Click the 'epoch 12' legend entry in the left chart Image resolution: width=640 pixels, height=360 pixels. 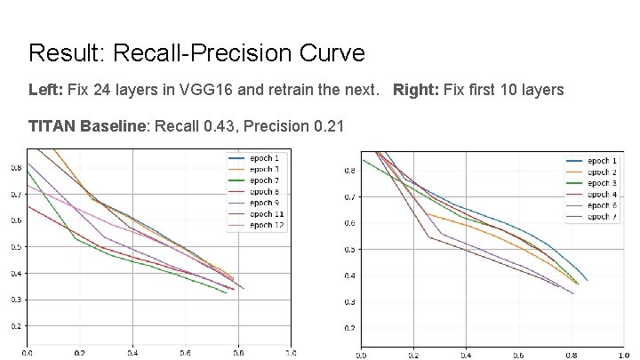pyautogui.click(x=268, y=226)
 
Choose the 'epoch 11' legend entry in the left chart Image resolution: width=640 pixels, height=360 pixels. pyautogui.click(x=268, y=214)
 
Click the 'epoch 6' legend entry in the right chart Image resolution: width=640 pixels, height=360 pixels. pyautogui.click(x=604, y=205)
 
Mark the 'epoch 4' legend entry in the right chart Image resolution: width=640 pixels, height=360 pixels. pyautogui.click(x=604, y=194)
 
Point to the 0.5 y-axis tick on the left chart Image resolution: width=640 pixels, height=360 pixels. pyautogui.click(x=17, y=247)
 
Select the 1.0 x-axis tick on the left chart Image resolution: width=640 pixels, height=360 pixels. pyautogui.click(x=291, y=353)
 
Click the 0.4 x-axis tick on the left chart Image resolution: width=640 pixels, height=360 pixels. pyautogui.click(x=132, y=353)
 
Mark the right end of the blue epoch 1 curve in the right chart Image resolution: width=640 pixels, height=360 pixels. pyautogui.click(x=588, y=280)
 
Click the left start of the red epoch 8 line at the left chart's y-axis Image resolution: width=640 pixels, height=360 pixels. pyautogui.click(x=28, y=206)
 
